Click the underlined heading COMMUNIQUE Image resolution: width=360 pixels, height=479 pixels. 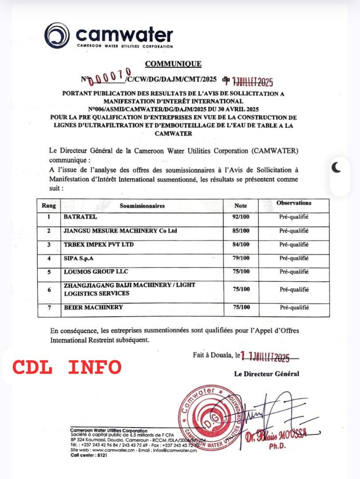click(x=173, y=64)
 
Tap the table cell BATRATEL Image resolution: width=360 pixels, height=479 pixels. click(x=79, y=217)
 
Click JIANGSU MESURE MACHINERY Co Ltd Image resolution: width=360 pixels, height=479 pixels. click(x=114, y=231)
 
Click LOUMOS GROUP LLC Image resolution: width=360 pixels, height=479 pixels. click(x=91, y=271)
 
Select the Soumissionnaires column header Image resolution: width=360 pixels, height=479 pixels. click(x=142, y=206)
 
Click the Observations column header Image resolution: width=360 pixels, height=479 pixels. click(x=294, y=203)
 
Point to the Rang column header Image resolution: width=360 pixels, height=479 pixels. click(x=48, y=206)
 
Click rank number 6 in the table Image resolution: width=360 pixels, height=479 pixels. click(x=49, y=289)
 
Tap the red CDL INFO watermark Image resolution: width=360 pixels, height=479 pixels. click(x=67, y=367)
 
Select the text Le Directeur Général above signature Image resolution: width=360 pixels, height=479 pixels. click(x=266, y=374)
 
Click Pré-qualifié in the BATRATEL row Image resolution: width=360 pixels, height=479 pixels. click(x=294, y=217)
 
